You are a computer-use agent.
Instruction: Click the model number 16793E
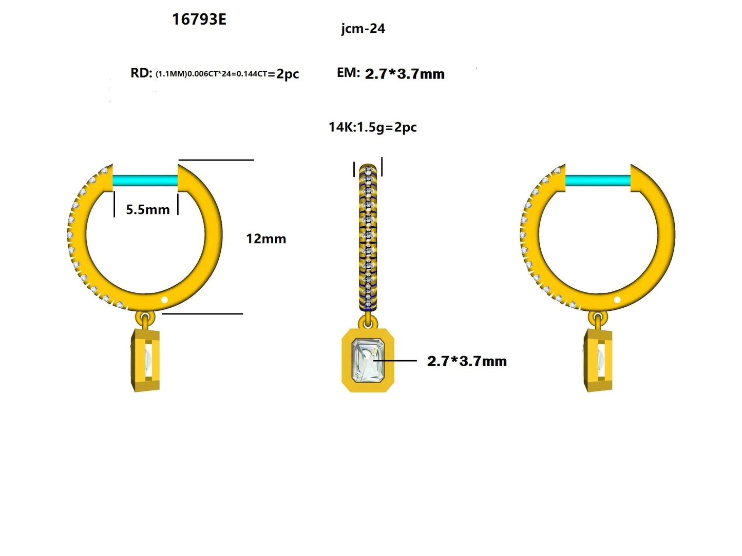(x=199, y=19)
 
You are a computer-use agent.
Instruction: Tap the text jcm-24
(x=363, y=29)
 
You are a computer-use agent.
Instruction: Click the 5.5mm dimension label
(x=147, y=209)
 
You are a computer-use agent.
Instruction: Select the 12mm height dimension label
(x=265, y=239)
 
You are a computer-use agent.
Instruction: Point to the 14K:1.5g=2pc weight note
(x=372, y=127)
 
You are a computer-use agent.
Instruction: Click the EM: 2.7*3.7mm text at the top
(x=390, y=73)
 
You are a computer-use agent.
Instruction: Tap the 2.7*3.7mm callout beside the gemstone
(x=466, y=361)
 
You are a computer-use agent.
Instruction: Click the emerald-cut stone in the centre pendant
(x=368, y=360)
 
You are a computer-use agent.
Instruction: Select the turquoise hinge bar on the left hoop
(x=145, y=181)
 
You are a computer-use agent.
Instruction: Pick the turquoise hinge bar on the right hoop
(x=598, y=181)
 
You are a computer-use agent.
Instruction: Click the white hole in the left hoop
(x=165, y=300)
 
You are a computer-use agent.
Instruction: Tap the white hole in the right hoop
(x=617, y=300)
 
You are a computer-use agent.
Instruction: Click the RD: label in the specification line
(x=141, y=73)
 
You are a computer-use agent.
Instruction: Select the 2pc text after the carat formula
(x=288, y=74)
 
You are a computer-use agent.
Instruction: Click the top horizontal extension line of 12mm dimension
(x=216, y=160)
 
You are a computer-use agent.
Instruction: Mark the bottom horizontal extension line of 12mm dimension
(x=203, y=313)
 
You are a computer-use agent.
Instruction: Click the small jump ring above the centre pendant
(x=368, y=322)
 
